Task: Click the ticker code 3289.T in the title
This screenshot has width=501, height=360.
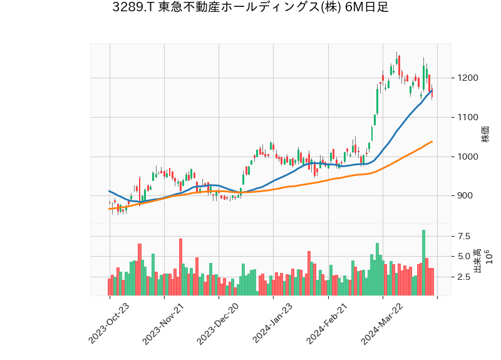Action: [133, 8]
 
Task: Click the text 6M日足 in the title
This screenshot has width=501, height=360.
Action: [367, 8]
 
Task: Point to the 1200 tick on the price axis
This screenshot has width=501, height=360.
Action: [468, 78]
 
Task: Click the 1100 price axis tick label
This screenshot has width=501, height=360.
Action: [468, 118]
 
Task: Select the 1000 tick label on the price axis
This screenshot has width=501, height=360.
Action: [468, 157]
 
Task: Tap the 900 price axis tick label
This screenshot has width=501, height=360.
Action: [466, 196]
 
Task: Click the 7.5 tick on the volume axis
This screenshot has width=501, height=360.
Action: [464, 237]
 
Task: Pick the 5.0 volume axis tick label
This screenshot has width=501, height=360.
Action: [464, 257]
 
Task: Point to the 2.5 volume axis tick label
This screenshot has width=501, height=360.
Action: [464, 277]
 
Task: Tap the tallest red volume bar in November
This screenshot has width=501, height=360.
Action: [180, 267]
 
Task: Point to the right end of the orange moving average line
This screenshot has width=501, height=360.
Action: [432, 141]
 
